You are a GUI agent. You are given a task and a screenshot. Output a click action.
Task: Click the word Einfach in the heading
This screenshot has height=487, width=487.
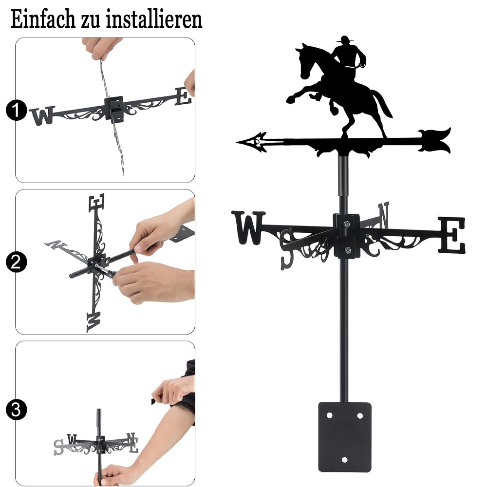coord(43,19)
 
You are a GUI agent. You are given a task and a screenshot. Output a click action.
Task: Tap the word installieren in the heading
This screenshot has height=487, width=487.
coord(154,19)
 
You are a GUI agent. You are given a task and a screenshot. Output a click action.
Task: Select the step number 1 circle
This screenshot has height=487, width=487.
coord(16,110)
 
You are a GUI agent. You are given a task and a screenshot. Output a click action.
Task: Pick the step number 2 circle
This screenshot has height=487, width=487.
coord(16,262)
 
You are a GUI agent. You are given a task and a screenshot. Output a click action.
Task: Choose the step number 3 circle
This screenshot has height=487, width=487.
coord(16,410)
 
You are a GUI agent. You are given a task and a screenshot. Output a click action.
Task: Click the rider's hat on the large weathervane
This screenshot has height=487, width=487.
coord(344,39)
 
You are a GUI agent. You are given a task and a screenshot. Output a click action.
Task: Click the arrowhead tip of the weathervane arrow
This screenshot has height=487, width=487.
coord(237,142)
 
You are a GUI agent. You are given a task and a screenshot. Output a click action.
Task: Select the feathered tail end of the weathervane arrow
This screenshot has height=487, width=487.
coord(435,140)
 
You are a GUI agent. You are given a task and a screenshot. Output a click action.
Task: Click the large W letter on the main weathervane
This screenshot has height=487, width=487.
coord(248,227)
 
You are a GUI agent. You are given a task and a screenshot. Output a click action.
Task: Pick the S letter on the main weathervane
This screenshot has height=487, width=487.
coord(286,248)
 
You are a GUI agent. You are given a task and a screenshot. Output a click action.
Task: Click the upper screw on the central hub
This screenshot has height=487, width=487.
coord(346,224)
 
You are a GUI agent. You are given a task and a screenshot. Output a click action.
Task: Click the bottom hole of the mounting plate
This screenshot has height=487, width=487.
coord(344,460)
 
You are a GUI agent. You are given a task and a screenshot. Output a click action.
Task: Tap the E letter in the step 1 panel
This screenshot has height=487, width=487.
coord(183,96)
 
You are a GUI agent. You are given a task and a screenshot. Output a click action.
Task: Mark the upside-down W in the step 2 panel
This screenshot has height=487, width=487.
coord(94,322)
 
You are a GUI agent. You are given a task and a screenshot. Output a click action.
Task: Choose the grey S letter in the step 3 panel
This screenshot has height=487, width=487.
coord(58,447)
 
